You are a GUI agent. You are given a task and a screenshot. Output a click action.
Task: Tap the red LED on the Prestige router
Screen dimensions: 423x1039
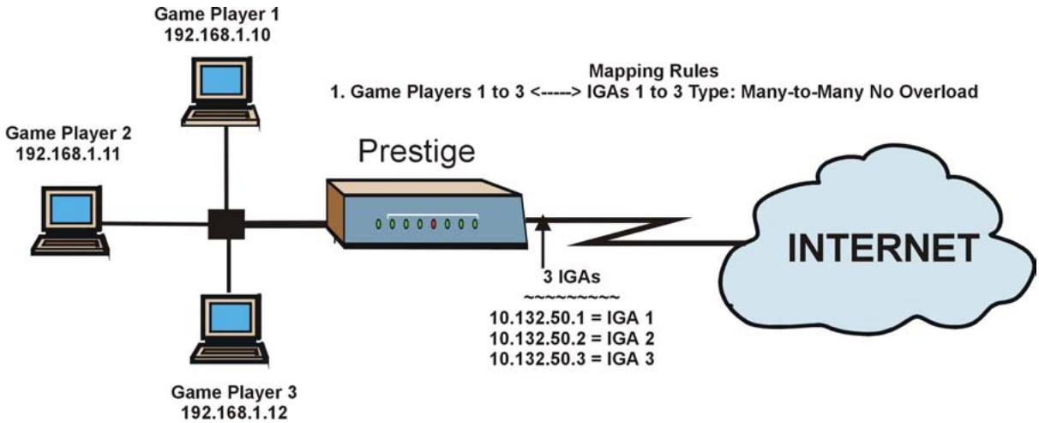(435, 225)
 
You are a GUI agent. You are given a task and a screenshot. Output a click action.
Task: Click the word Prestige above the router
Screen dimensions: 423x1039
(417, 152)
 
